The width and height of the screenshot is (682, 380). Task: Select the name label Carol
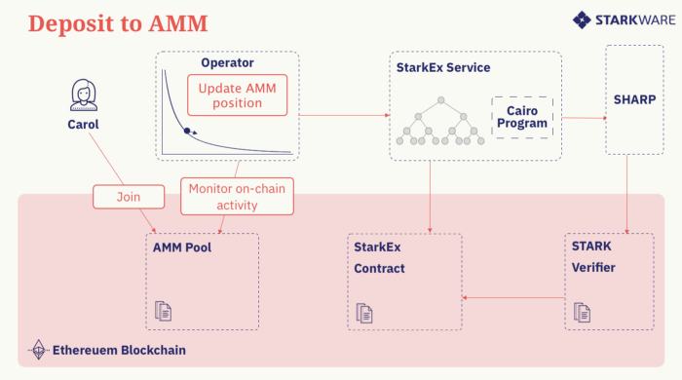click(84, 125)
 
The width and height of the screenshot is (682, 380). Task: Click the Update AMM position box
click(239, 95)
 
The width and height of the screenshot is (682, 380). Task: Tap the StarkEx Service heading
click(444, 67)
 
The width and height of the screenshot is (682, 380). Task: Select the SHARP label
click(633, 100)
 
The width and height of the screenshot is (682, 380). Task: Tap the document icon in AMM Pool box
click(164, 312)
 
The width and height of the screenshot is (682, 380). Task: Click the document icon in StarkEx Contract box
click(364, 313)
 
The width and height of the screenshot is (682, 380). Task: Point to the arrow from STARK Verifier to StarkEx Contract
click(512, 297)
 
